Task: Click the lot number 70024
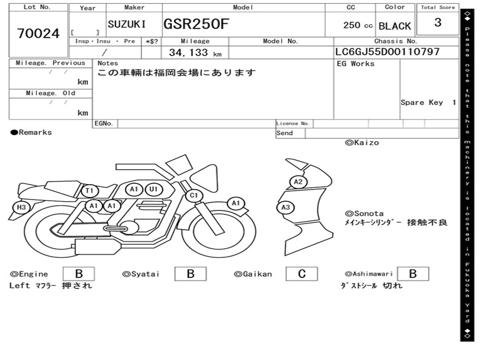pyautogui.click(x=38, y=34)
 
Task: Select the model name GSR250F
pyautogui.click(x=196, y=24)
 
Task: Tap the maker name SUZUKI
pyautogui.click(x=127, y=24)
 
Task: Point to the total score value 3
pyautogui.click(x=437, y=22)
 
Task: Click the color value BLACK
pyautogui.click(x=395, y=26)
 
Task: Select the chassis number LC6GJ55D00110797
pyautogui.click(x=387, y=52)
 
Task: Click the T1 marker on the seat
pyautogui.click(x=90, y=191)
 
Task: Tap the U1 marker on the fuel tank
pyautogui.click(x=153, y=189)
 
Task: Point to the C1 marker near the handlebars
pyautogui.click(x=194, y=195)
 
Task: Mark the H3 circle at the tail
pyautogui.click(x=21, y=207)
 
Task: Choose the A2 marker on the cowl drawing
pyautogui.click(x=299, y=182)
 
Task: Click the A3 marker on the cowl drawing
pyautogui.click(x=285, y=208)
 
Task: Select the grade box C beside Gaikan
pyautogui.click(x=302, y=274)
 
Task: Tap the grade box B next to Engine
pyautogui.click(x=79, y=274)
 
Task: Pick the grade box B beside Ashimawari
pyautogui.click(x=413, y=274)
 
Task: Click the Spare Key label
pyautogui.click(x=421, y=102)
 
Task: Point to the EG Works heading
pyautogui.click(x=356, y=64)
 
